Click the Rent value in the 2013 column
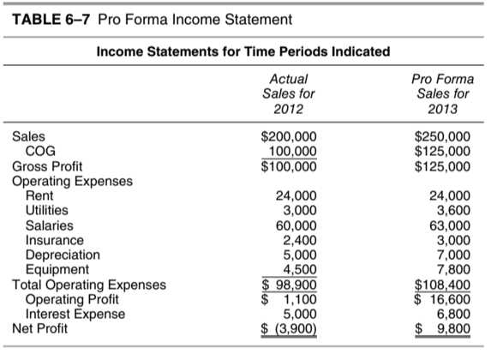tap(452, 195)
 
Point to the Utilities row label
tap(48, 209)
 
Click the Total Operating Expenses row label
tap(89, 285)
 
